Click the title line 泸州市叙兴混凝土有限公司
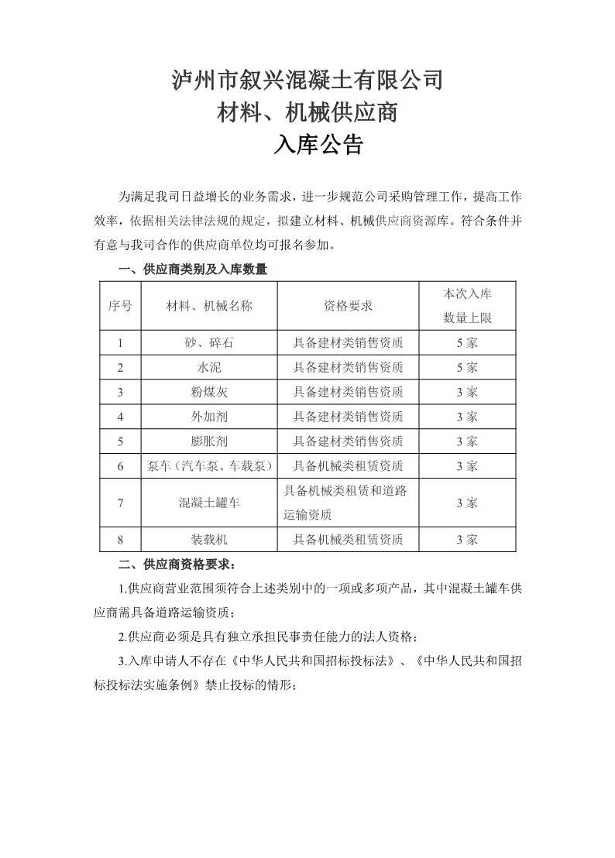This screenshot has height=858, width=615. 307,80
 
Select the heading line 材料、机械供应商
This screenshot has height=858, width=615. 307,113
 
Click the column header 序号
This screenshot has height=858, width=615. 119,306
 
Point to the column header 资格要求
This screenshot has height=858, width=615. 348,306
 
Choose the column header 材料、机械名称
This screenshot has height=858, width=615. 209,306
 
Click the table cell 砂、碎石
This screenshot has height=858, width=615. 209,342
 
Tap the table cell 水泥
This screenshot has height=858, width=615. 209,367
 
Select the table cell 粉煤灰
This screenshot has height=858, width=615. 209,392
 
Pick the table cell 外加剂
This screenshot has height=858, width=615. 209,417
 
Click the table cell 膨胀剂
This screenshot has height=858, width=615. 209,441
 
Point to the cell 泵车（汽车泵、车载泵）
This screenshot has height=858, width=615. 209,466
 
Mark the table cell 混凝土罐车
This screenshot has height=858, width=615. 209,503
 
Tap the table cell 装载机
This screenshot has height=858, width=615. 209,539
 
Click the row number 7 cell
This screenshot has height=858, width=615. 120,503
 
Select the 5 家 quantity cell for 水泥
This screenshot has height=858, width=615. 467,367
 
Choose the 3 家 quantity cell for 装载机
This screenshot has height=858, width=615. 467,539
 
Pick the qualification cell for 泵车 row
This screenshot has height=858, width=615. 348,466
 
